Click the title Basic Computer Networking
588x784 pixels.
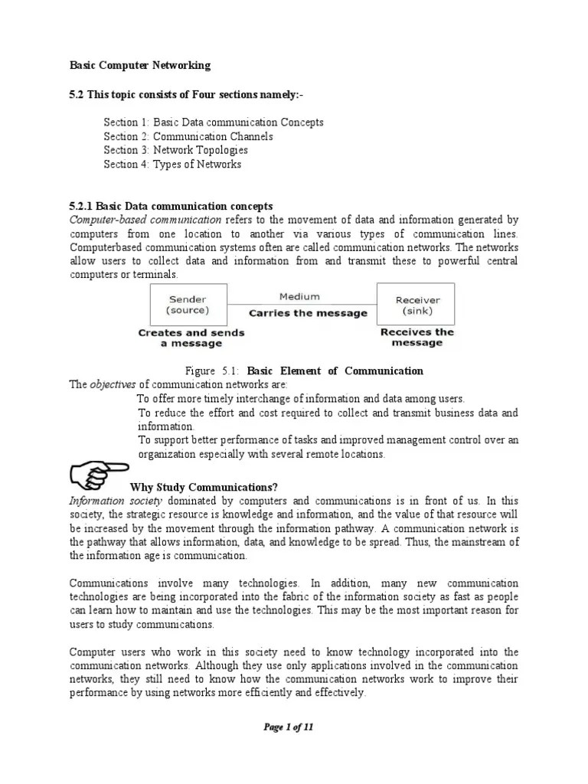[140, 66]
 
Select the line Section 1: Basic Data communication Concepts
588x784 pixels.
[214, 122]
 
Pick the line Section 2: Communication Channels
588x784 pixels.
[188, 136]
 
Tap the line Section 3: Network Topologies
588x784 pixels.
[176, 150]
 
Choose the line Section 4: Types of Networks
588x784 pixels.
[172, 164]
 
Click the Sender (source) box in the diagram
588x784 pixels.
[188, 305]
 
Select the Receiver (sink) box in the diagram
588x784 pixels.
[416, 305]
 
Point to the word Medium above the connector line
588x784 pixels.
[299, 296]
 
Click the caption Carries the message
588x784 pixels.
[308, 313]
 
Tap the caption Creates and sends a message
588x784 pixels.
[191, 338]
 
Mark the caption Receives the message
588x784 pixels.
[417, 337]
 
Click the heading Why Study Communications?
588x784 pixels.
[204, 487]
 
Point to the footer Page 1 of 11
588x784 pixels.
[289, 728]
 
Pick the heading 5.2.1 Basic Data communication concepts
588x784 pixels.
[171, 207]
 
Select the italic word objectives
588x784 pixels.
[113, 384]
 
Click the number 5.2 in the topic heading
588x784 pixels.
[77, 93]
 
